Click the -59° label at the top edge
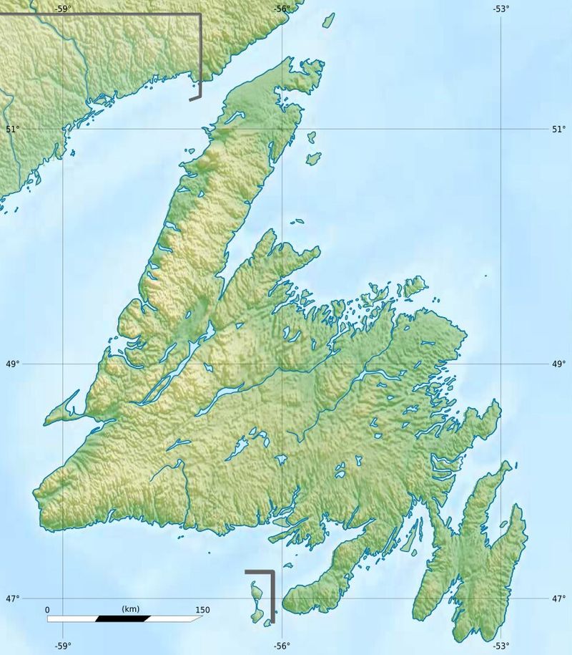[x=63, y=9]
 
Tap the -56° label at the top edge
[x=282, y=9]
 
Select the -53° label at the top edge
[x=500, y=9]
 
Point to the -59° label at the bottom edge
[x=63, y=646]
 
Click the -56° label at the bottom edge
[x=282, y=646]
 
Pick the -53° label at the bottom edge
[x=500, y=646]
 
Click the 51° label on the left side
[x=11, y=130]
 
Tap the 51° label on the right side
[x=558, y=130]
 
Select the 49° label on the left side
[x=11, y=364]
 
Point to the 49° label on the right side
[x=558, y=364]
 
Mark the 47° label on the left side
[x=11, y=598]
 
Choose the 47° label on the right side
[x=558, y=598]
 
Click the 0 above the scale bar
[x=48, y=610]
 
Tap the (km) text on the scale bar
[x=130, y=609]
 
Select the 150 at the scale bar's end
[x=202, y=610]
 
